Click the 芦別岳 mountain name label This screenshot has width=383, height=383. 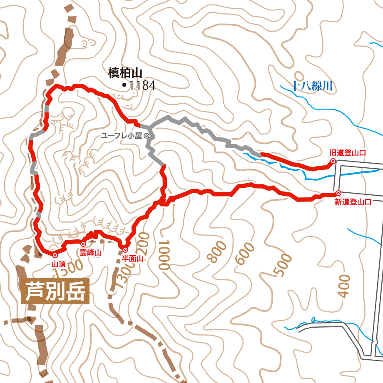(x=55, y=291)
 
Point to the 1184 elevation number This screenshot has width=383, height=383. (x=142, y=86)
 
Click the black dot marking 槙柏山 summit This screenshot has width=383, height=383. (x=124, y=85)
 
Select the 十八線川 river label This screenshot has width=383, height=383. (x=311, y=87)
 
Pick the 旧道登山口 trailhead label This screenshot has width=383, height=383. (x=347, y=153)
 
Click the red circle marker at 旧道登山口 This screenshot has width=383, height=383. (x=333, y=161)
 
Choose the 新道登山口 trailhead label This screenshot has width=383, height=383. (x=353, y=202)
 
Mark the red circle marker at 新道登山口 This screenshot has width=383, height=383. (x=338, y=193)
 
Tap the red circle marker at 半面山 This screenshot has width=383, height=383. (x=125, y=250)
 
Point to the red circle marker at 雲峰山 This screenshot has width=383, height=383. (x=83, y=244)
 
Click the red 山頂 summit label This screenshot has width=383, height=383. (x=56, y=264)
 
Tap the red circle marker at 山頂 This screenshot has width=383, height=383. (x=55, y=255)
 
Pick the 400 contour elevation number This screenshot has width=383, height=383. (x=344, y=286)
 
